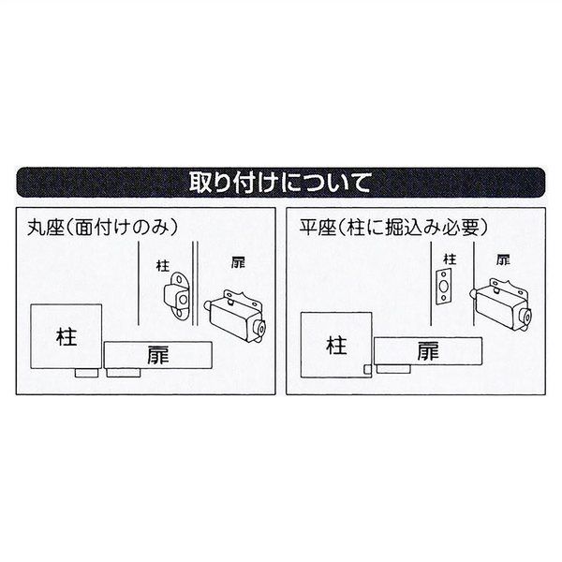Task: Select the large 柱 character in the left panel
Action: tap(66, 335)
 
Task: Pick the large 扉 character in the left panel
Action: tap(157, 355)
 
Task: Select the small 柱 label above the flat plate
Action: tap(449, 259)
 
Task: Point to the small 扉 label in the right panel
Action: tap(503, 259)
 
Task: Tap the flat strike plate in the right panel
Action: tap(444, 288)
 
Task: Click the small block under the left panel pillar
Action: tap(85, 373)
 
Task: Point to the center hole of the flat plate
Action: tap(444, 288)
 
